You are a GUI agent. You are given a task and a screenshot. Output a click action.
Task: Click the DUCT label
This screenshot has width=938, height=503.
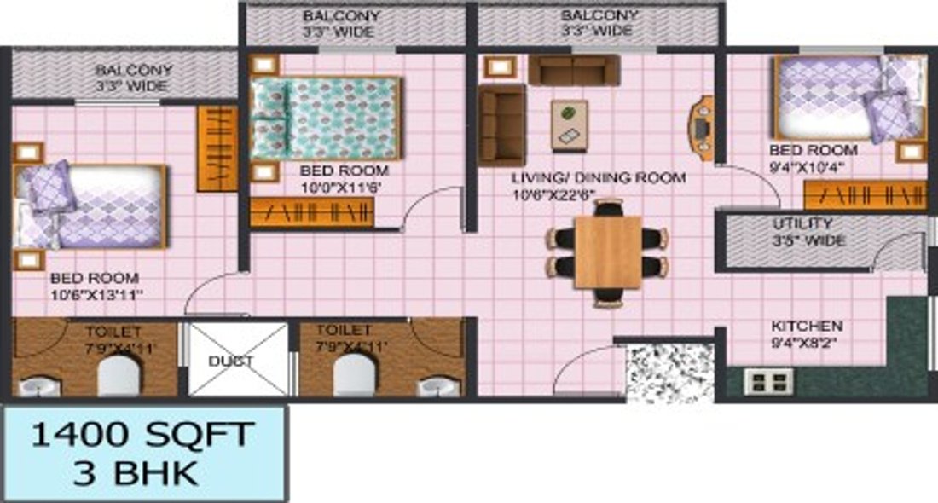tap(231, 361)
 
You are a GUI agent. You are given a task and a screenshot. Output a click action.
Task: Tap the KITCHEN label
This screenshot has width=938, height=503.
tap(807, 327)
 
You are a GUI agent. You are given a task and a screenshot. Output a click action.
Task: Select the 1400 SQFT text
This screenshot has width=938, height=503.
tap(142, 435)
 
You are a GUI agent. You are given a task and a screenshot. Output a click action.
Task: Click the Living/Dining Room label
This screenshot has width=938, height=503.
tap(598, 178)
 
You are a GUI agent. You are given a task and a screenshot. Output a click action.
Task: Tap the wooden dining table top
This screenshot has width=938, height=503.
tap(607, 252)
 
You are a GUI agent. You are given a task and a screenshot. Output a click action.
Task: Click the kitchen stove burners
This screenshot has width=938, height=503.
tap(769, 381)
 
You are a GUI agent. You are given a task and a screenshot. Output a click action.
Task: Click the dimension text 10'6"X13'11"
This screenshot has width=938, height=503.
tap(96, 295)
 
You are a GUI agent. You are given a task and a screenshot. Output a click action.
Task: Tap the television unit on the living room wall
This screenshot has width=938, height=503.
tap(702, 129)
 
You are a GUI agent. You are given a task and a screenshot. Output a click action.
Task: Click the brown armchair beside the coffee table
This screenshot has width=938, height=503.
tap(501, 124)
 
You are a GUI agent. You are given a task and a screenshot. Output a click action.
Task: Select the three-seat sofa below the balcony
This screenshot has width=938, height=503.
tap(573, 70)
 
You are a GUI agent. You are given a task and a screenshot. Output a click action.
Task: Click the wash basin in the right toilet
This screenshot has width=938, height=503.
tap(438, 385)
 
